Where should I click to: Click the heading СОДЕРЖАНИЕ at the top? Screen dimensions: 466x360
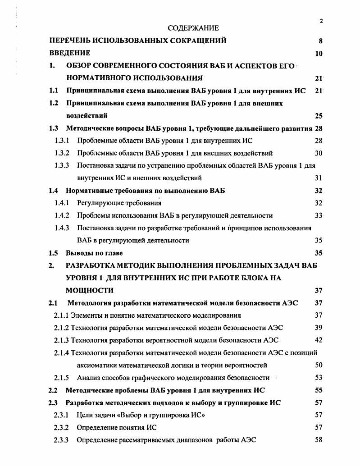point(193,28)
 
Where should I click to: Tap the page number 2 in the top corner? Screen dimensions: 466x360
point(321,21)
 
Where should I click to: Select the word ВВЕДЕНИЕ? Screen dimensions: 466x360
point(70,53)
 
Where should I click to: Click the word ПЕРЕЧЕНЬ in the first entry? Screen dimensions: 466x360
point(74,41)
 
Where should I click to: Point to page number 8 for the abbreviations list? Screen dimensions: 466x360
point(320,41)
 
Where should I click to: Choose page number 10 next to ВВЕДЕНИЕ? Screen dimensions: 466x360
point(319,54)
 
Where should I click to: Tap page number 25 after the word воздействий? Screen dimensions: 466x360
point(319,116)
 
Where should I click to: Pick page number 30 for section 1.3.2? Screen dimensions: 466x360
point(319,153)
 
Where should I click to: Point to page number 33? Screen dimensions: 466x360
point(319,215)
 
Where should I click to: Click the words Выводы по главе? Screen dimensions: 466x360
point(94,253)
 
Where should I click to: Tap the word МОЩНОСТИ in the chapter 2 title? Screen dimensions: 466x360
point(90,290)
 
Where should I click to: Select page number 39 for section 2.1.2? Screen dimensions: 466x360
point(319,328)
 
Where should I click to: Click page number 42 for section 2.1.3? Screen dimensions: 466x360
point(319,340)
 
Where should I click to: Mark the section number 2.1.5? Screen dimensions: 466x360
point(61,377)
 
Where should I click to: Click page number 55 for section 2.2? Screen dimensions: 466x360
point(319,390)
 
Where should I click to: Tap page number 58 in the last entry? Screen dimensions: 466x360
point(319,439)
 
